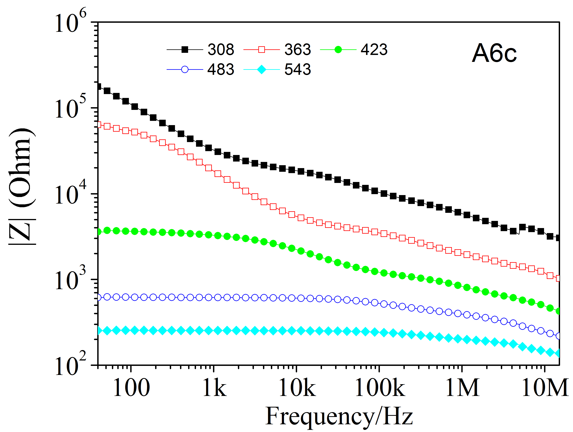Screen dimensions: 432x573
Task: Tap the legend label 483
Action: (221, 69)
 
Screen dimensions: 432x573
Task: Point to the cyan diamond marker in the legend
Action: (262, 70)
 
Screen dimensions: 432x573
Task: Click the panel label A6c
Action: (494, 53)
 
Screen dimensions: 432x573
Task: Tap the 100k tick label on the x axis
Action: (379, 388)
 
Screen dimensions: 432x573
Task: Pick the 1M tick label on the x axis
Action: (462, 388)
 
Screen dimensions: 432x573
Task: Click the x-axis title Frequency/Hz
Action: (339, 416)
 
